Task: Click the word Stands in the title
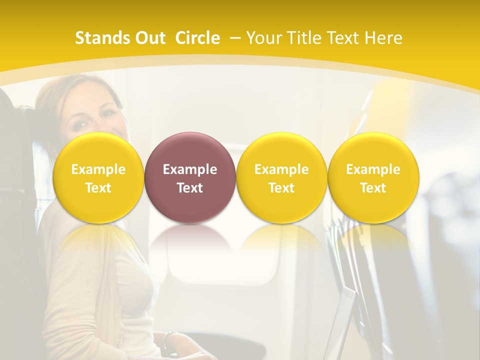(x=101, y=38)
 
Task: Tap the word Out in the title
(x=149, y=38)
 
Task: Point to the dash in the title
(x=235, y=38)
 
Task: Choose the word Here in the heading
(x=383, y=38)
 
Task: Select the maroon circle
(x=190, y=177)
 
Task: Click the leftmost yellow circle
(x=98, y=177)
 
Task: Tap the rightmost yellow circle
(x=373, y=177)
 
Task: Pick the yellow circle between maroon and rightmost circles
(x=281, y=177)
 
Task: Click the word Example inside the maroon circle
(x=190, y=169)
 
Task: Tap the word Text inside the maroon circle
(x=190, y=188)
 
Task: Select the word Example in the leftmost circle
(x=98, y=169)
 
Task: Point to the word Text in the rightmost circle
(x=373, y=188)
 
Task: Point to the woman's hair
(x=55, y=100)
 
